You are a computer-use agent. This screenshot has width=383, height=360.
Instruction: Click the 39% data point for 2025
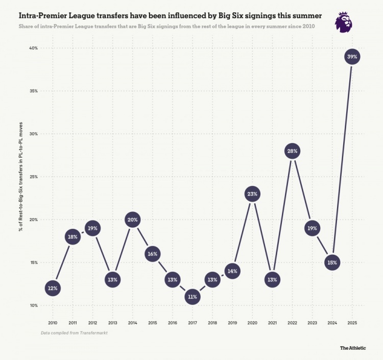coord(352,57)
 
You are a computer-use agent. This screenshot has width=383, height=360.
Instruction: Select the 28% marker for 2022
coord(292,151)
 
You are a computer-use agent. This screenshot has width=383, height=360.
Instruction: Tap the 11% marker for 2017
coord(193,297)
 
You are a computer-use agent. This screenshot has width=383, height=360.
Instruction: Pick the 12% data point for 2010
coord(53,289)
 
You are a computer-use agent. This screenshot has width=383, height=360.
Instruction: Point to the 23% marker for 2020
coord(252,194)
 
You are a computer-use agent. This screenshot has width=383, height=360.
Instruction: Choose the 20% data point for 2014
coord(132,220)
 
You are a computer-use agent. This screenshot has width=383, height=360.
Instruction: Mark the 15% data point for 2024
coord(332,263)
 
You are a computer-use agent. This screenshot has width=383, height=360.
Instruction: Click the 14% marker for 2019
coord(232,271)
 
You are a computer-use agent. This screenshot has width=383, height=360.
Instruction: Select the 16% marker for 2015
coord(152,254)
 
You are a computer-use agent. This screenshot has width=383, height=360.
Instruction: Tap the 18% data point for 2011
coord(73,237)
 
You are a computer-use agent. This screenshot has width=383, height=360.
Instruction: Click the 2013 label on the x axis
coord(112,323)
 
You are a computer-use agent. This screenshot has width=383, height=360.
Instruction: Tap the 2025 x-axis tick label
coord(352,323)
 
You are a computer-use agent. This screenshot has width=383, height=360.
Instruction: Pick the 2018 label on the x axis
coord(212,323)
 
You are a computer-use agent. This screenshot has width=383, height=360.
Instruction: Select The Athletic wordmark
coord(353,348)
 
